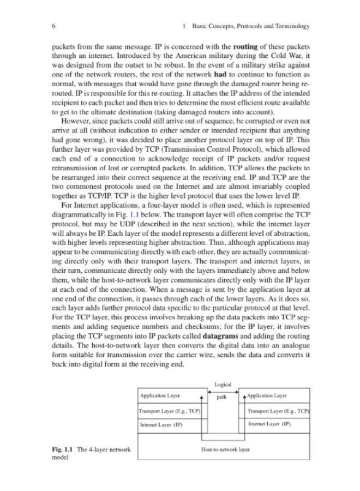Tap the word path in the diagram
[221, 397]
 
